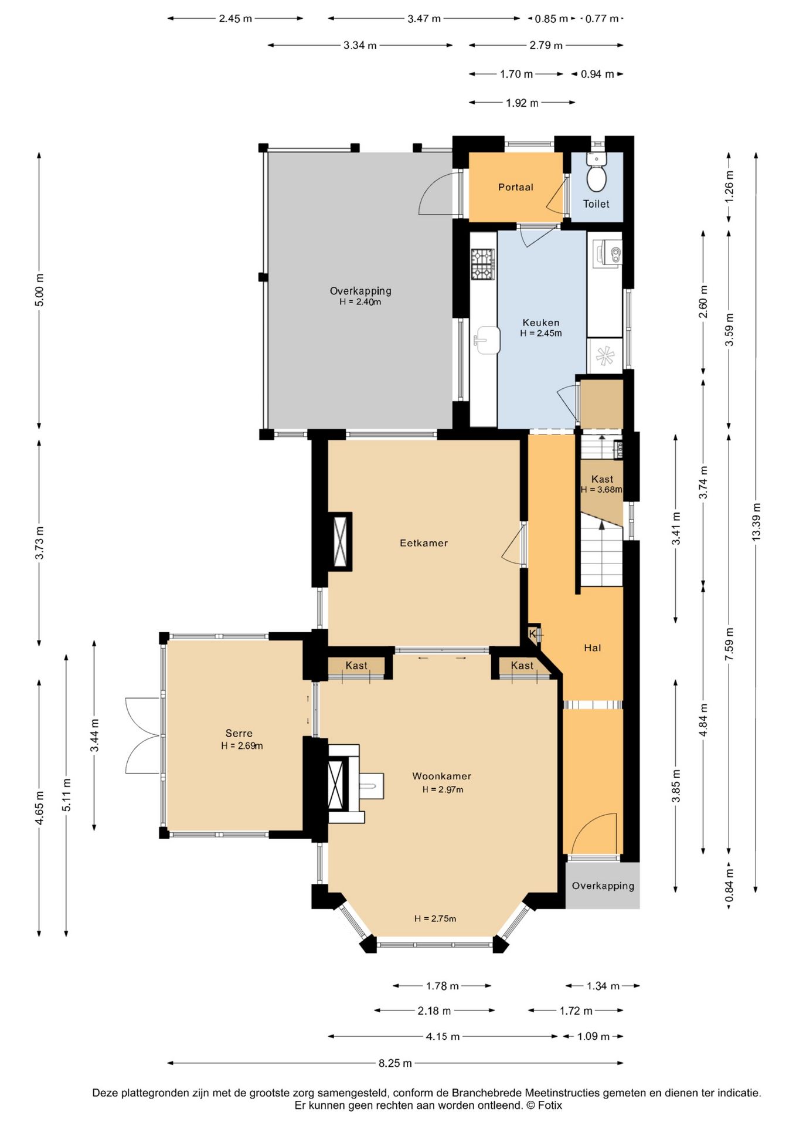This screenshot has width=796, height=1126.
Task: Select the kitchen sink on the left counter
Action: (x=487, y=341)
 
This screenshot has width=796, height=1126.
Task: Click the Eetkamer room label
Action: (x=424, y=543)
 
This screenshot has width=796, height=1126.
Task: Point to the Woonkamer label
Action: (x=441, y=776)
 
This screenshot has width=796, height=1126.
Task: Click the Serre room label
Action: (x=239, y=733)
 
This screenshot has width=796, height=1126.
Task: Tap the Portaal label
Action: (x=516, y=187)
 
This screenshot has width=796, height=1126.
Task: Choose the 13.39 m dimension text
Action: (x=756, y=522)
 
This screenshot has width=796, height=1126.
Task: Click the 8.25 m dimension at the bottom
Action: (x=395, y=1063)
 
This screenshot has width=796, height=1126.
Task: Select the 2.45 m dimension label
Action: (x=236, y=18)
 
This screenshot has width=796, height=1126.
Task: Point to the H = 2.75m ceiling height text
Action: (x=435, y=918)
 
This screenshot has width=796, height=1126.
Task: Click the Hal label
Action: (x=593, y=647)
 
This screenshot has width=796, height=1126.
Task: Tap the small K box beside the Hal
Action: (x=532, y=634)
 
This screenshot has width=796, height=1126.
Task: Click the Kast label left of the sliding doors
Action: (x=356, y=665)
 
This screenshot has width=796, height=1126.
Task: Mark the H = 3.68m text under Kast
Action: (x=601, y=490)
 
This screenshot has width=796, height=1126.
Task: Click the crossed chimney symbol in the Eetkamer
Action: (x=340, y=542)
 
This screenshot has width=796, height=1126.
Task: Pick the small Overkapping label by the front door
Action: (x=603, y=886)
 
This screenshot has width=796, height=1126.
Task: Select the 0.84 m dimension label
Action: (x=729, y=886)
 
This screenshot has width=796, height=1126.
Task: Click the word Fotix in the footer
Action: (x=550, y=1105)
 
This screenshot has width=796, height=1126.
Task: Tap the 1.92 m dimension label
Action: (x=522, y=103)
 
